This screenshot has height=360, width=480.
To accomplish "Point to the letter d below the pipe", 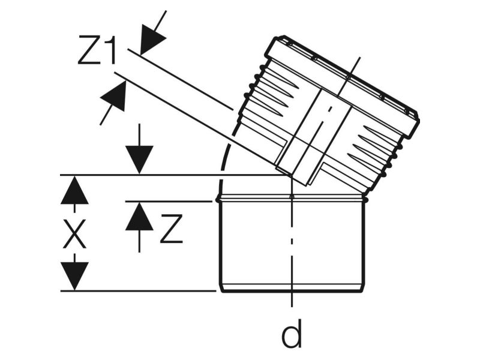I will point(292,335).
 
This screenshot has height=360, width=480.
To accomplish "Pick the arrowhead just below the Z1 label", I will point(113,97).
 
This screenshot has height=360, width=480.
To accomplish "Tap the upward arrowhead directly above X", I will point(74,190).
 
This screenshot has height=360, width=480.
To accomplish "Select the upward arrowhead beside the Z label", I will point(139,216).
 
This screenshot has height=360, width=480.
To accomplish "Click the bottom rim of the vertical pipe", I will point(292,288).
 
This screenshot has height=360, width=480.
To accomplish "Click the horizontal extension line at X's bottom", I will point(138,291).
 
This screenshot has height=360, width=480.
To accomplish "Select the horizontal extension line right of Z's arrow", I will point(180,202).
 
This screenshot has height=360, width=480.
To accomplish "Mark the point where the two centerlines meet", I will point(292,175).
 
